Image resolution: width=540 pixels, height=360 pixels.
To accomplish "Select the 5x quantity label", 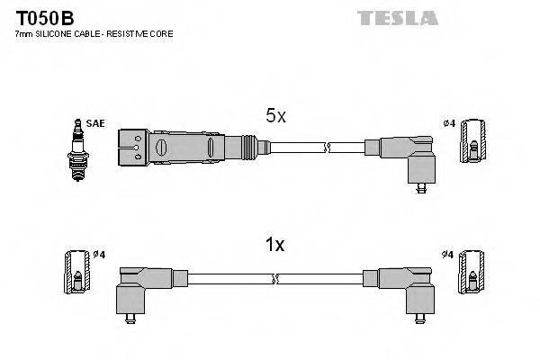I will tap(275, 115).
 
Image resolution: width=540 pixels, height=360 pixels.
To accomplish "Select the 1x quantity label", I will tap(275, 244).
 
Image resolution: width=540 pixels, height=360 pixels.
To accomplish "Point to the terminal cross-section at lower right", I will tap(467, 272).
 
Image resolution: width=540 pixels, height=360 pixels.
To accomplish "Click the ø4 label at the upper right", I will tap(448, 122).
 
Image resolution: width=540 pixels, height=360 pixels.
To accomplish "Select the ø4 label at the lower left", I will tap(99, 255).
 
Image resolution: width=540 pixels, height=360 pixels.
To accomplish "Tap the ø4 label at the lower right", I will tap(448, 255).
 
